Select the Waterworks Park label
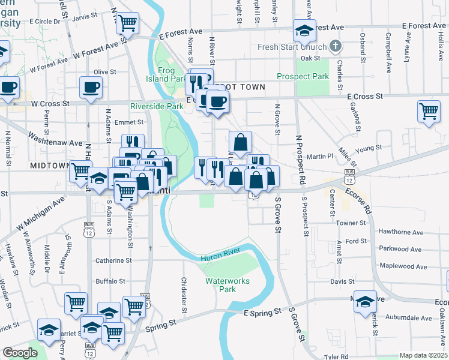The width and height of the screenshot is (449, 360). click(227, 284)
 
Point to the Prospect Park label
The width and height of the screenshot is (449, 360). click(303, 76)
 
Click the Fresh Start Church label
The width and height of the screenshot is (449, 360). click(292, 47)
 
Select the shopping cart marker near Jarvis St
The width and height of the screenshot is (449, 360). click(127, 23)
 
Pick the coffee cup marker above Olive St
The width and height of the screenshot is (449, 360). click(91, 87)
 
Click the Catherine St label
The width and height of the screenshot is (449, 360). click(113, 260)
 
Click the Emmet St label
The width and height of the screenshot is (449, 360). click(133, 122)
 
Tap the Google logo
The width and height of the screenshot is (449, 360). click(20, 353)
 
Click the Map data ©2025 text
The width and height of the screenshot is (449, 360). click(423, 355)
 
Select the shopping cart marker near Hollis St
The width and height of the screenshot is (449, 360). click(429, 111)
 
